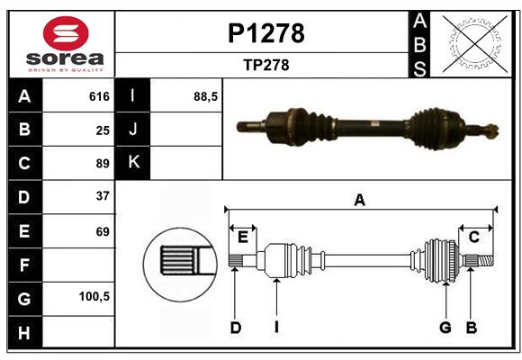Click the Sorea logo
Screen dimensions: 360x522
pos(66,45)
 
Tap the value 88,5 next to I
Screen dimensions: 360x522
pos(206,96)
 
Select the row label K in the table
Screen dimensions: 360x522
pos(133,163)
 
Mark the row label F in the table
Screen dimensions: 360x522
pos(24,265)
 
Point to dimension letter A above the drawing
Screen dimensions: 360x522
pos(359,200)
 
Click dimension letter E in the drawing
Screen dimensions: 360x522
pos(243,237)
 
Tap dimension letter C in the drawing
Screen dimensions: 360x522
pos(473,237)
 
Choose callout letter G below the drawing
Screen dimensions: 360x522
pos(445,328)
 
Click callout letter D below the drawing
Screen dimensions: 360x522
pos(235,328)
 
